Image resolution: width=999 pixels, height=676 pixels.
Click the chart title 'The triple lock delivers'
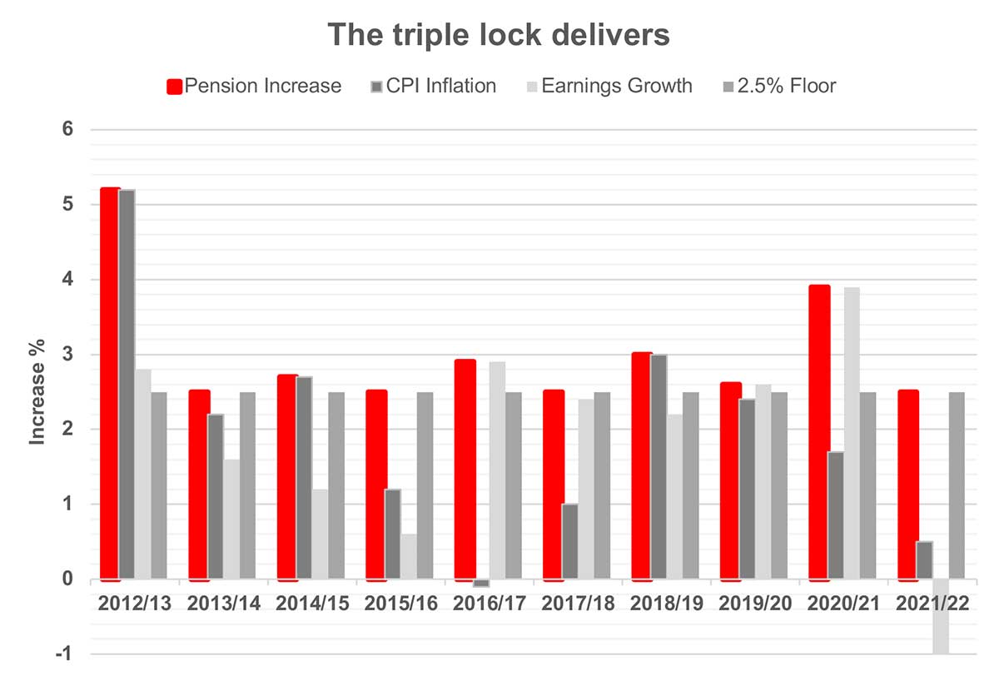pyautogui.click(x=499, y=35)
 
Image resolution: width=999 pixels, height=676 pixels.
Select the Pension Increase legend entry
pyautogui.click(x=254, y=86)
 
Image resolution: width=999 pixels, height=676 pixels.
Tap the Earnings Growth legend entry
pyautogui.click(x=608, y=86)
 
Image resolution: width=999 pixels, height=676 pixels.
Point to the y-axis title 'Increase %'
pyautogui.click(x=37, y=391)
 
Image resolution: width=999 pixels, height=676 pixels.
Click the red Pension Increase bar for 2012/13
pyautogui.click(x=109, y=383)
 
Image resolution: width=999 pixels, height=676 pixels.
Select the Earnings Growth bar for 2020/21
pyautogui.click(x=851, y=433)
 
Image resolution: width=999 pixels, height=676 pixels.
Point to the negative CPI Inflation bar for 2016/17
pyautogui.click(x=480, y=584)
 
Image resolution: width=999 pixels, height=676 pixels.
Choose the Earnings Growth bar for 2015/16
pyautogui.click(x=409, y=556)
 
